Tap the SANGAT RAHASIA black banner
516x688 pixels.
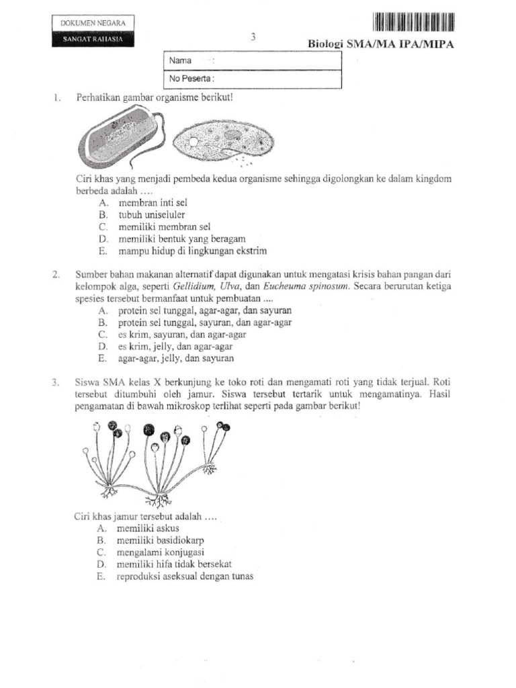[93, 39]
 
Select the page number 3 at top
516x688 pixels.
[253, 38]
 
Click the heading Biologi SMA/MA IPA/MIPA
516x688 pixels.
[381, 44]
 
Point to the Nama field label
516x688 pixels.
[181, 60]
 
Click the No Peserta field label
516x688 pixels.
[191, 79]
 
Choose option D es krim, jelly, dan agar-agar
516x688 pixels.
[175, 347]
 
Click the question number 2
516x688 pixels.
[56, 274]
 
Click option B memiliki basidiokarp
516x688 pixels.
[161, 540]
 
